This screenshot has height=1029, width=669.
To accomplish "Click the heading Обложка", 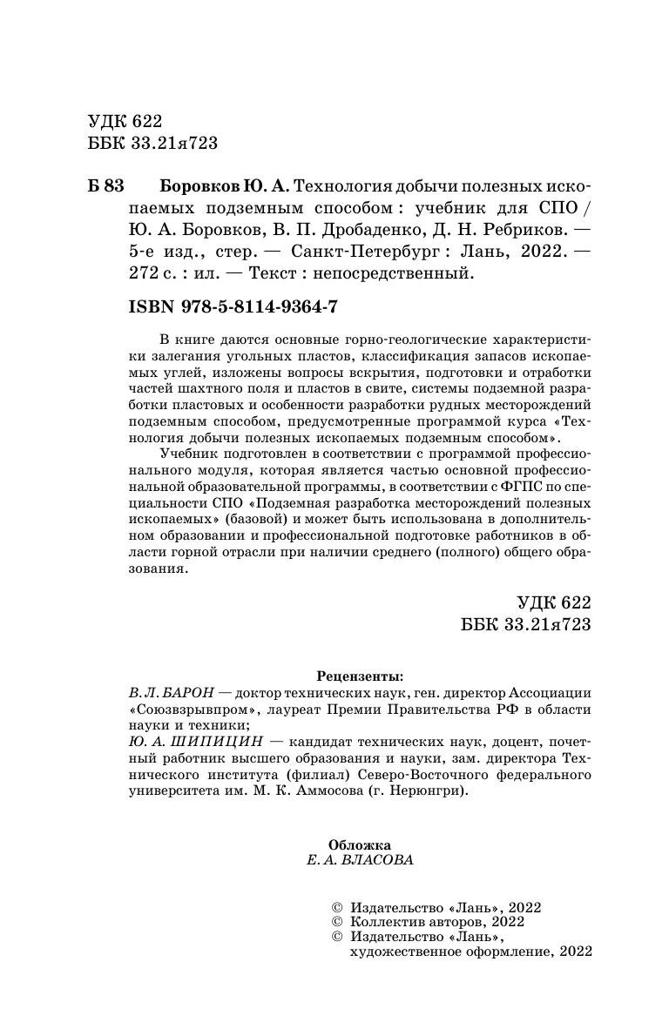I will (360, 844).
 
